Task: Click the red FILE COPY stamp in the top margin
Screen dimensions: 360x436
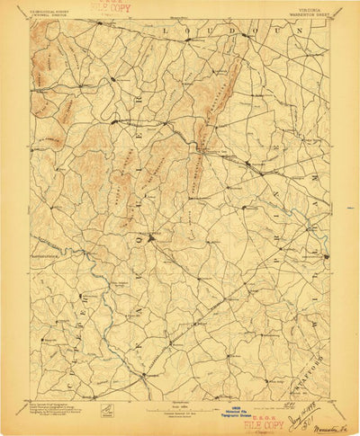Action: pos(110,9)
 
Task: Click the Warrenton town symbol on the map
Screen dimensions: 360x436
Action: pos(155,239)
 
